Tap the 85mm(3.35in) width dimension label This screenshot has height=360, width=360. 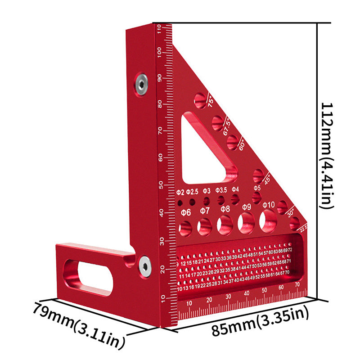click(x=260, y=325)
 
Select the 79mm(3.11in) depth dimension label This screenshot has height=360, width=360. click(x=78, y=325)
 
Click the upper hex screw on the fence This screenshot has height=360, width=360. click(x=142, y=84)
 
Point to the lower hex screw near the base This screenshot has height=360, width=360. click(x=144, y=265)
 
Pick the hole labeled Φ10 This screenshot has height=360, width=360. click(x=269, y=220)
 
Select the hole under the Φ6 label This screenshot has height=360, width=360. click(x=185, y=227)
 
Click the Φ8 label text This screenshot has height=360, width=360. click(x=225, y=209)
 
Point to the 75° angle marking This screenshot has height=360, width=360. click(x=211, y=101)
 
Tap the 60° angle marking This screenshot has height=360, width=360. click(x=242, y=144)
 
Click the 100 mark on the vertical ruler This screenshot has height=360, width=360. click(x=159, y=52)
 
